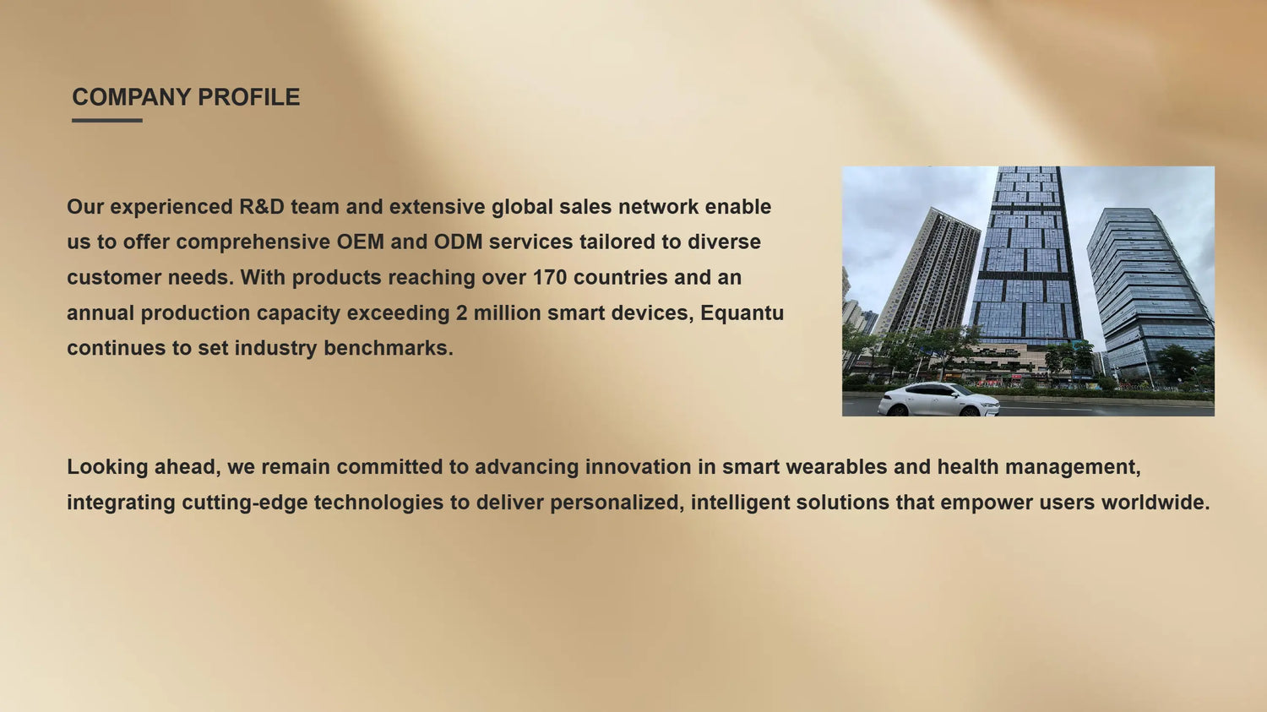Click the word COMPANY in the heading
(132, 97)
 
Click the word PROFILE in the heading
(249, 97)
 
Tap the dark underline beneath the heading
(107, 121)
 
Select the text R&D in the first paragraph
(262, 207)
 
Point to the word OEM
(361, 242)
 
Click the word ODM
(458, 242)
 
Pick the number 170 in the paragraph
(550, 278)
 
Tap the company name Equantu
(742, 313)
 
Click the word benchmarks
(389, 348)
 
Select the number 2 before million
(461, 313)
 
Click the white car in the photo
(938, 399)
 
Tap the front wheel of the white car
(970, 411)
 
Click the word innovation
(638, 467)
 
